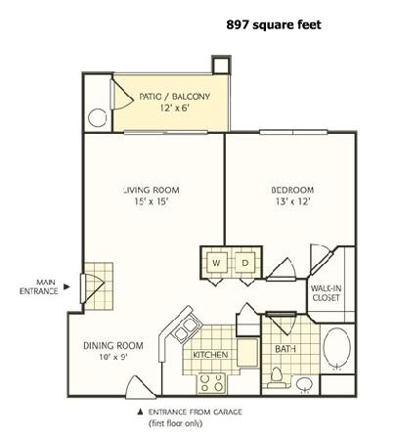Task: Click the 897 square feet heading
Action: point(274,24)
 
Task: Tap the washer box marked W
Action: point(216,262)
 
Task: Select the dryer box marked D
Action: point(245,262)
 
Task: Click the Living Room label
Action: point(152,190)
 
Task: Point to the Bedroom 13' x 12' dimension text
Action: point(292,201)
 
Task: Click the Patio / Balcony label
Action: point(174,97)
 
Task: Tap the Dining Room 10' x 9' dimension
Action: point(113,357)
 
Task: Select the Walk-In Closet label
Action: point(326,292)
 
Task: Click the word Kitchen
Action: point(210,354)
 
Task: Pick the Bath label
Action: point(285,349)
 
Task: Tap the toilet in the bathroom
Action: point(277,376)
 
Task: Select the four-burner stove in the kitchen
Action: point(211,383)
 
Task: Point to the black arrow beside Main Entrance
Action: point(66,286)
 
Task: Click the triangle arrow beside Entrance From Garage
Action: point(141,412)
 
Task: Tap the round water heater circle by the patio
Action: point(98,117)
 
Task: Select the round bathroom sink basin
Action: point(304,384)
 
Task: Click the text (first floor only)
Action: point(175,423)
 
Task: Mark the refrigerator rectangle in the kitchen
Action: point(247,352)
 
